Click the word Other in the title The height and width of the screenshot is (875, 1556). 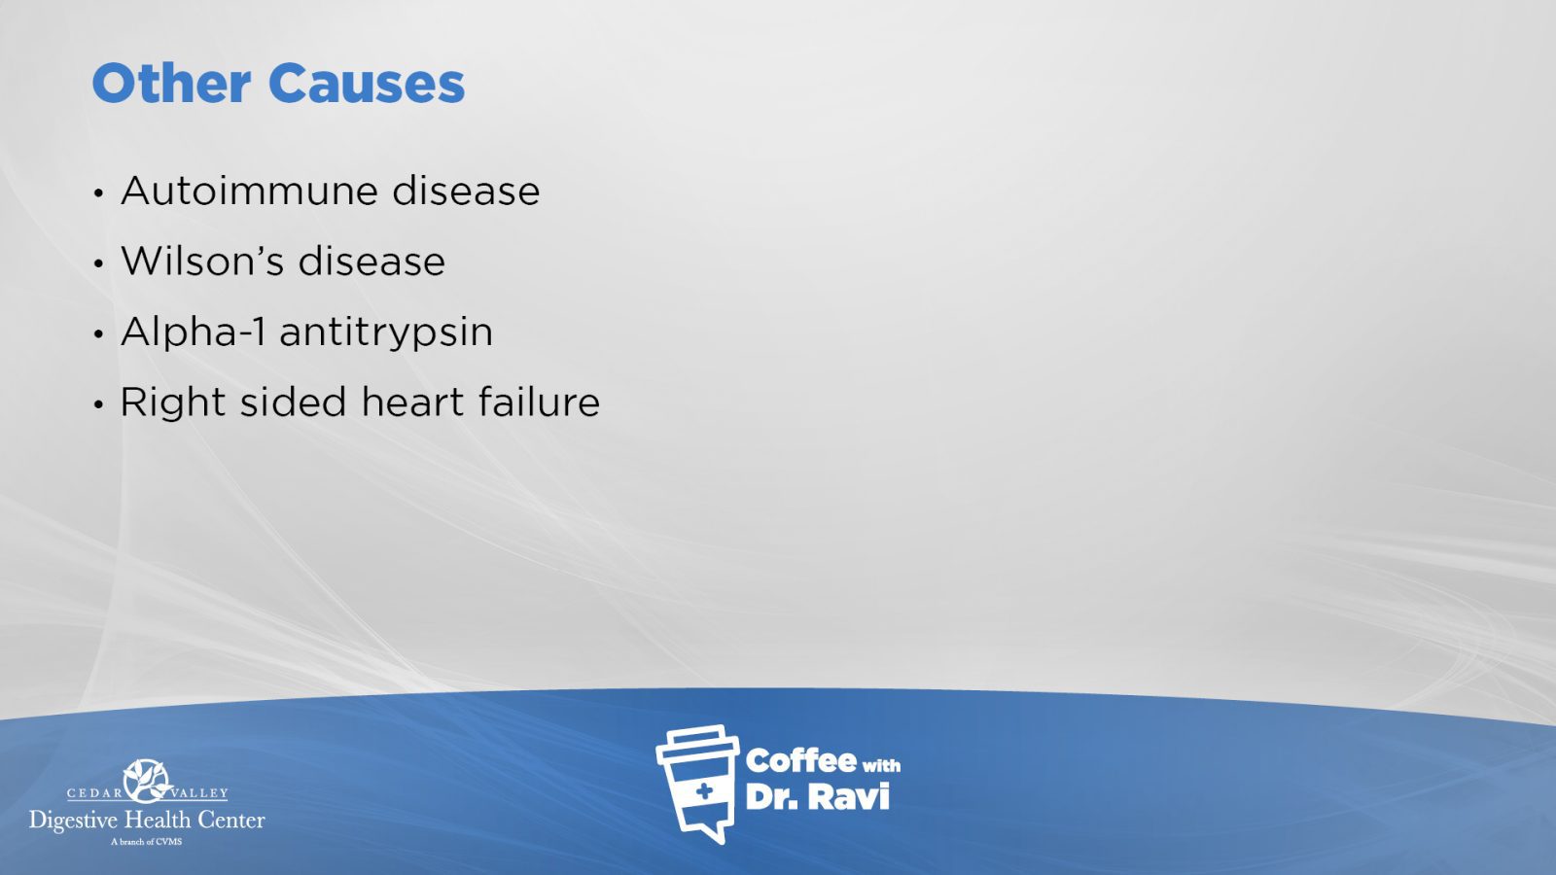pyautogui.click(x=171, y=84)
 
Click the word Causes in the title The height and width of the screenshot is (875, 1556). pyautogui.click(x=366, y=84)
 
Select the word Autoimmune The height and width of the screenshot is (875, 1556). pyautogui.click(x=249, y=191)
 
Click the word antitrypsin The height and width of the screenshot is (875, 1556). pyautogui.click(x=386, y=332)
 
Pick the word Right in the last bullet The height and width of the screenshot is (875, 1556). pyautogui.click(x=173, y=402)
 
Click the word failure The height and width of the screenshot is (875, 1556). pyautogui.click(x=539, y=402)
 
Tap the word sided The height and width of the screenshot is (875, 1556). pyautogui.click(x=293, y=402)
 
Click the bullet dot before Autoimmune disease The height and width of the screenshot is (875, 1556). pyautogui.click(x=98, y=193)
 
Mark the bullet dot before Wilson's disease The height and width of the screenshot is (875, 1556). pyautogui.click(x=98, y=263)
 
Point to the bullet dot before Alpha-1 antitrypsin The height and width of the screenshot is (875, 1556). pyautogui.click(x=98, y=333)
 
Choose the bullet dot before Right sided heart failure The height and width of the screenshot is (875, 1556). pyautogui.click(x=98, y=403)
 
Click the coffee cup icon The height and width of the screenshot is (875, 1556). pyautogui.click(x=696, y=784)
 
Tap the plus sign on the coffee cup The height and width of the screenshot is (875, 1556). pyautogui.click(x=704, y=791)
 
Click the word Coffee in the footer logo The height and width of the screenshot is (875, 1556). pyautogui.click(x=800, y=761)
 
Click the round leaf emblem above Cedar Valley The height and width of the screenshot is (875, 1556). pyautogui.click(x=147, y=782)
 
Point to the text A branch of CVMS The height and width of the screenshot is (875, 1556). pyautogui.click(x=147, y=842)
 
